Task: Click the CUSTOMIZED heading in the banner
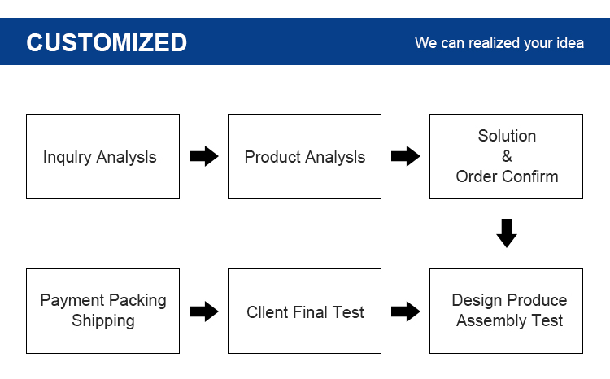point(107,42)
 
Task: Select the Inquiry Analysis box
point(102,156)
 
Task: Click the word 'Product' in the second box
point(272,157)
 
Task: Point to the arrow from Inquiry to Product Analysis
point(204,156)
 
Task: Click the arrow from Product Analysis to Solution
point(405,156)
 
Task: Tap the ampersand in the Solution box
point(507,156)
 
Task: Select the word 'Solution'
point(507,136)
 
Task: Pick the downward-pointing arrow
point(507,233)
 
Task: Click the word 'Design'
point(477,300)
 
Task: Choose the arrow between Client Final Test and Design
point(405,311)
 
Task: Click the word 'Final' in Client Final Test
point(310,312)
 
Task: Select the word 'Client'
point(268,312)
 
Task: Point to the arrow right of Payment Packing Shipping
point(204,311)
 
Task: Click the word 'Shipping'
point(103,321)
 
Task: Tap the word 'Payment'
point(72,300)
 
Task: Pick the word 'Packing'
point(137,300)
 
